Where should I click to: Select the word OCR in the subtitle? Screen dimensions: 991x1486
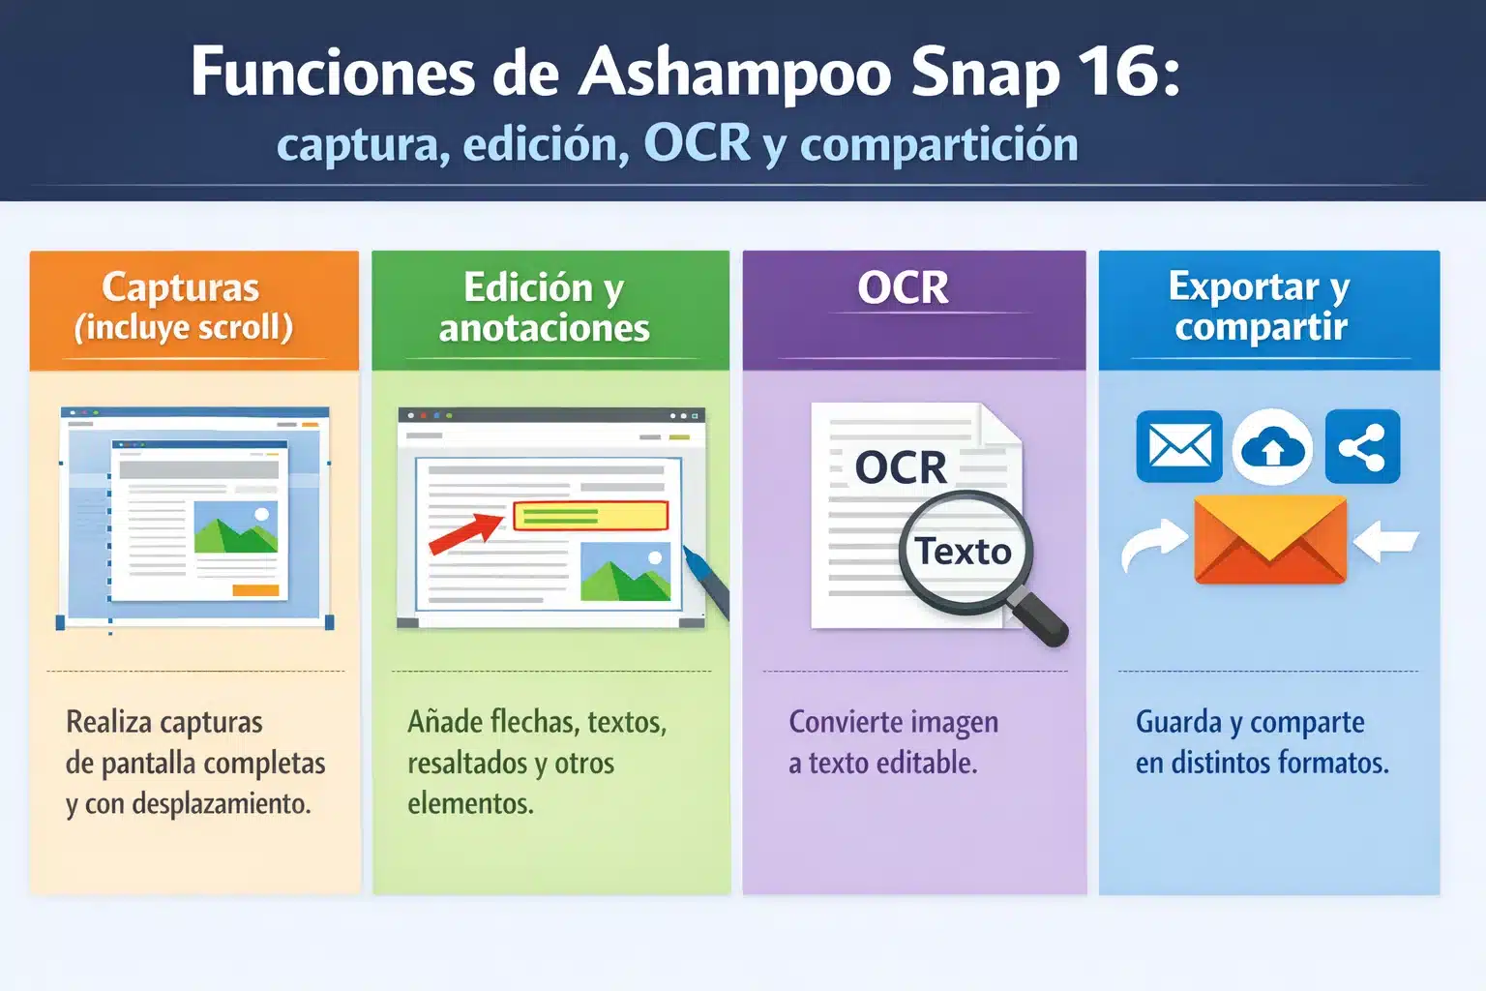tap(697, 143)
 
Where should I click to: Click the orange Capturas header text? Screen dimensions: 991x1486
tap(181, 287)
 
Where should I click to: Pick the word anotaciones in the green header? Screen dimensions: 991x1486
tap(544, 329)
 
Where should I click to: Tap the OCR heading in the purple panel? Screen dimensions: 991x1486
tap(903, 288)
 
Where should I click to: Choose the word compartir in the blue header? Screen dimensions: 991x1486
tap(1261, 327)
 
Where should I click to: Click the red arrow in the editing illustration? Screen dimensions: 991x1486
tap(465, 533)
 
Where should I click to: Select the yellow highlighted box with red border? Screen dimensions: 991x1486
tap(590, 516)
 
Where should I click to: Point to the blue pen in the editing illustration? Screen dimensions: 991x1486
tap(706, 582)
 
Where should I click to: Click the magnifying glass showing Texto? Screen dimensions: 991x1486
tap(966, 552)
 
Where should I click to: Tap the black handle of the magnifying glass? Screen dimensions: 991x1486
tap(1039, 619)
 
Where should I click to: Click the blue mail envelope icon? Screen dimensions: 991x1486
tap(1178, 447)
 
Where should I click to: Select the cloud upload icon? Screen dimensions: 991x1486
tap(1272, 447)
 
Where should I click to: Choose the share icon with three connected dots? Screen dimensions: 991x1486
tap(1362, 447)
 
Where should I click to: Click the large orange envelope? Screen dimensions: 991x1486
tap(1270, 540)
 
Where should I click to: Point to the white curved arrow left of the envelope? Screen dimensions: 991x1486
tap(1153, 546)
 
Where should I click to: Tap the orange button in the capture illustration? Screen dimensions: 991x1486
tap(255, 590)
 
